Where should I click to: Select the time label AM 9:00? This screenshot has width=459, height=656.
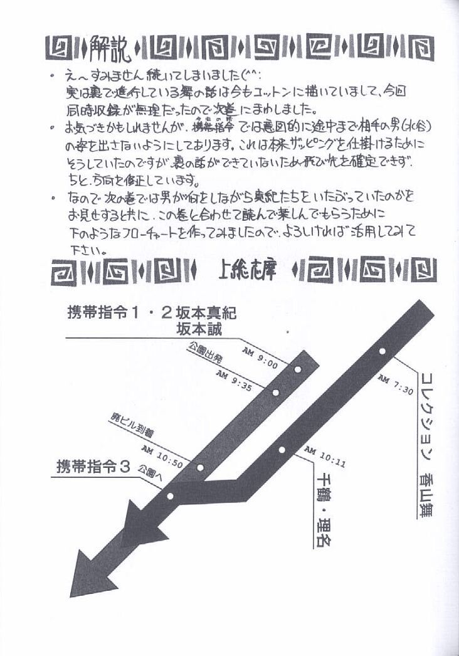click(x=260, y=355)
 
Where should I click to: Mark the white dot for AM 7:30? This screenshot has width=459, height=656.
click(x=382, y=351)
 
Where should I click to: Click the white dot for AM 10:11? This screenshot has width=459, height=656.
click(x=282, y=449)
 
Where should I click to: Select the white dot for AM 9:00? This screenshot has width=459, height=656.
click(x=297, y=369)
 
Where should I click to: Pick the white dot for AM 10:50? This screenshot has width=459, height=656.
click(x=201, y=467)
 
